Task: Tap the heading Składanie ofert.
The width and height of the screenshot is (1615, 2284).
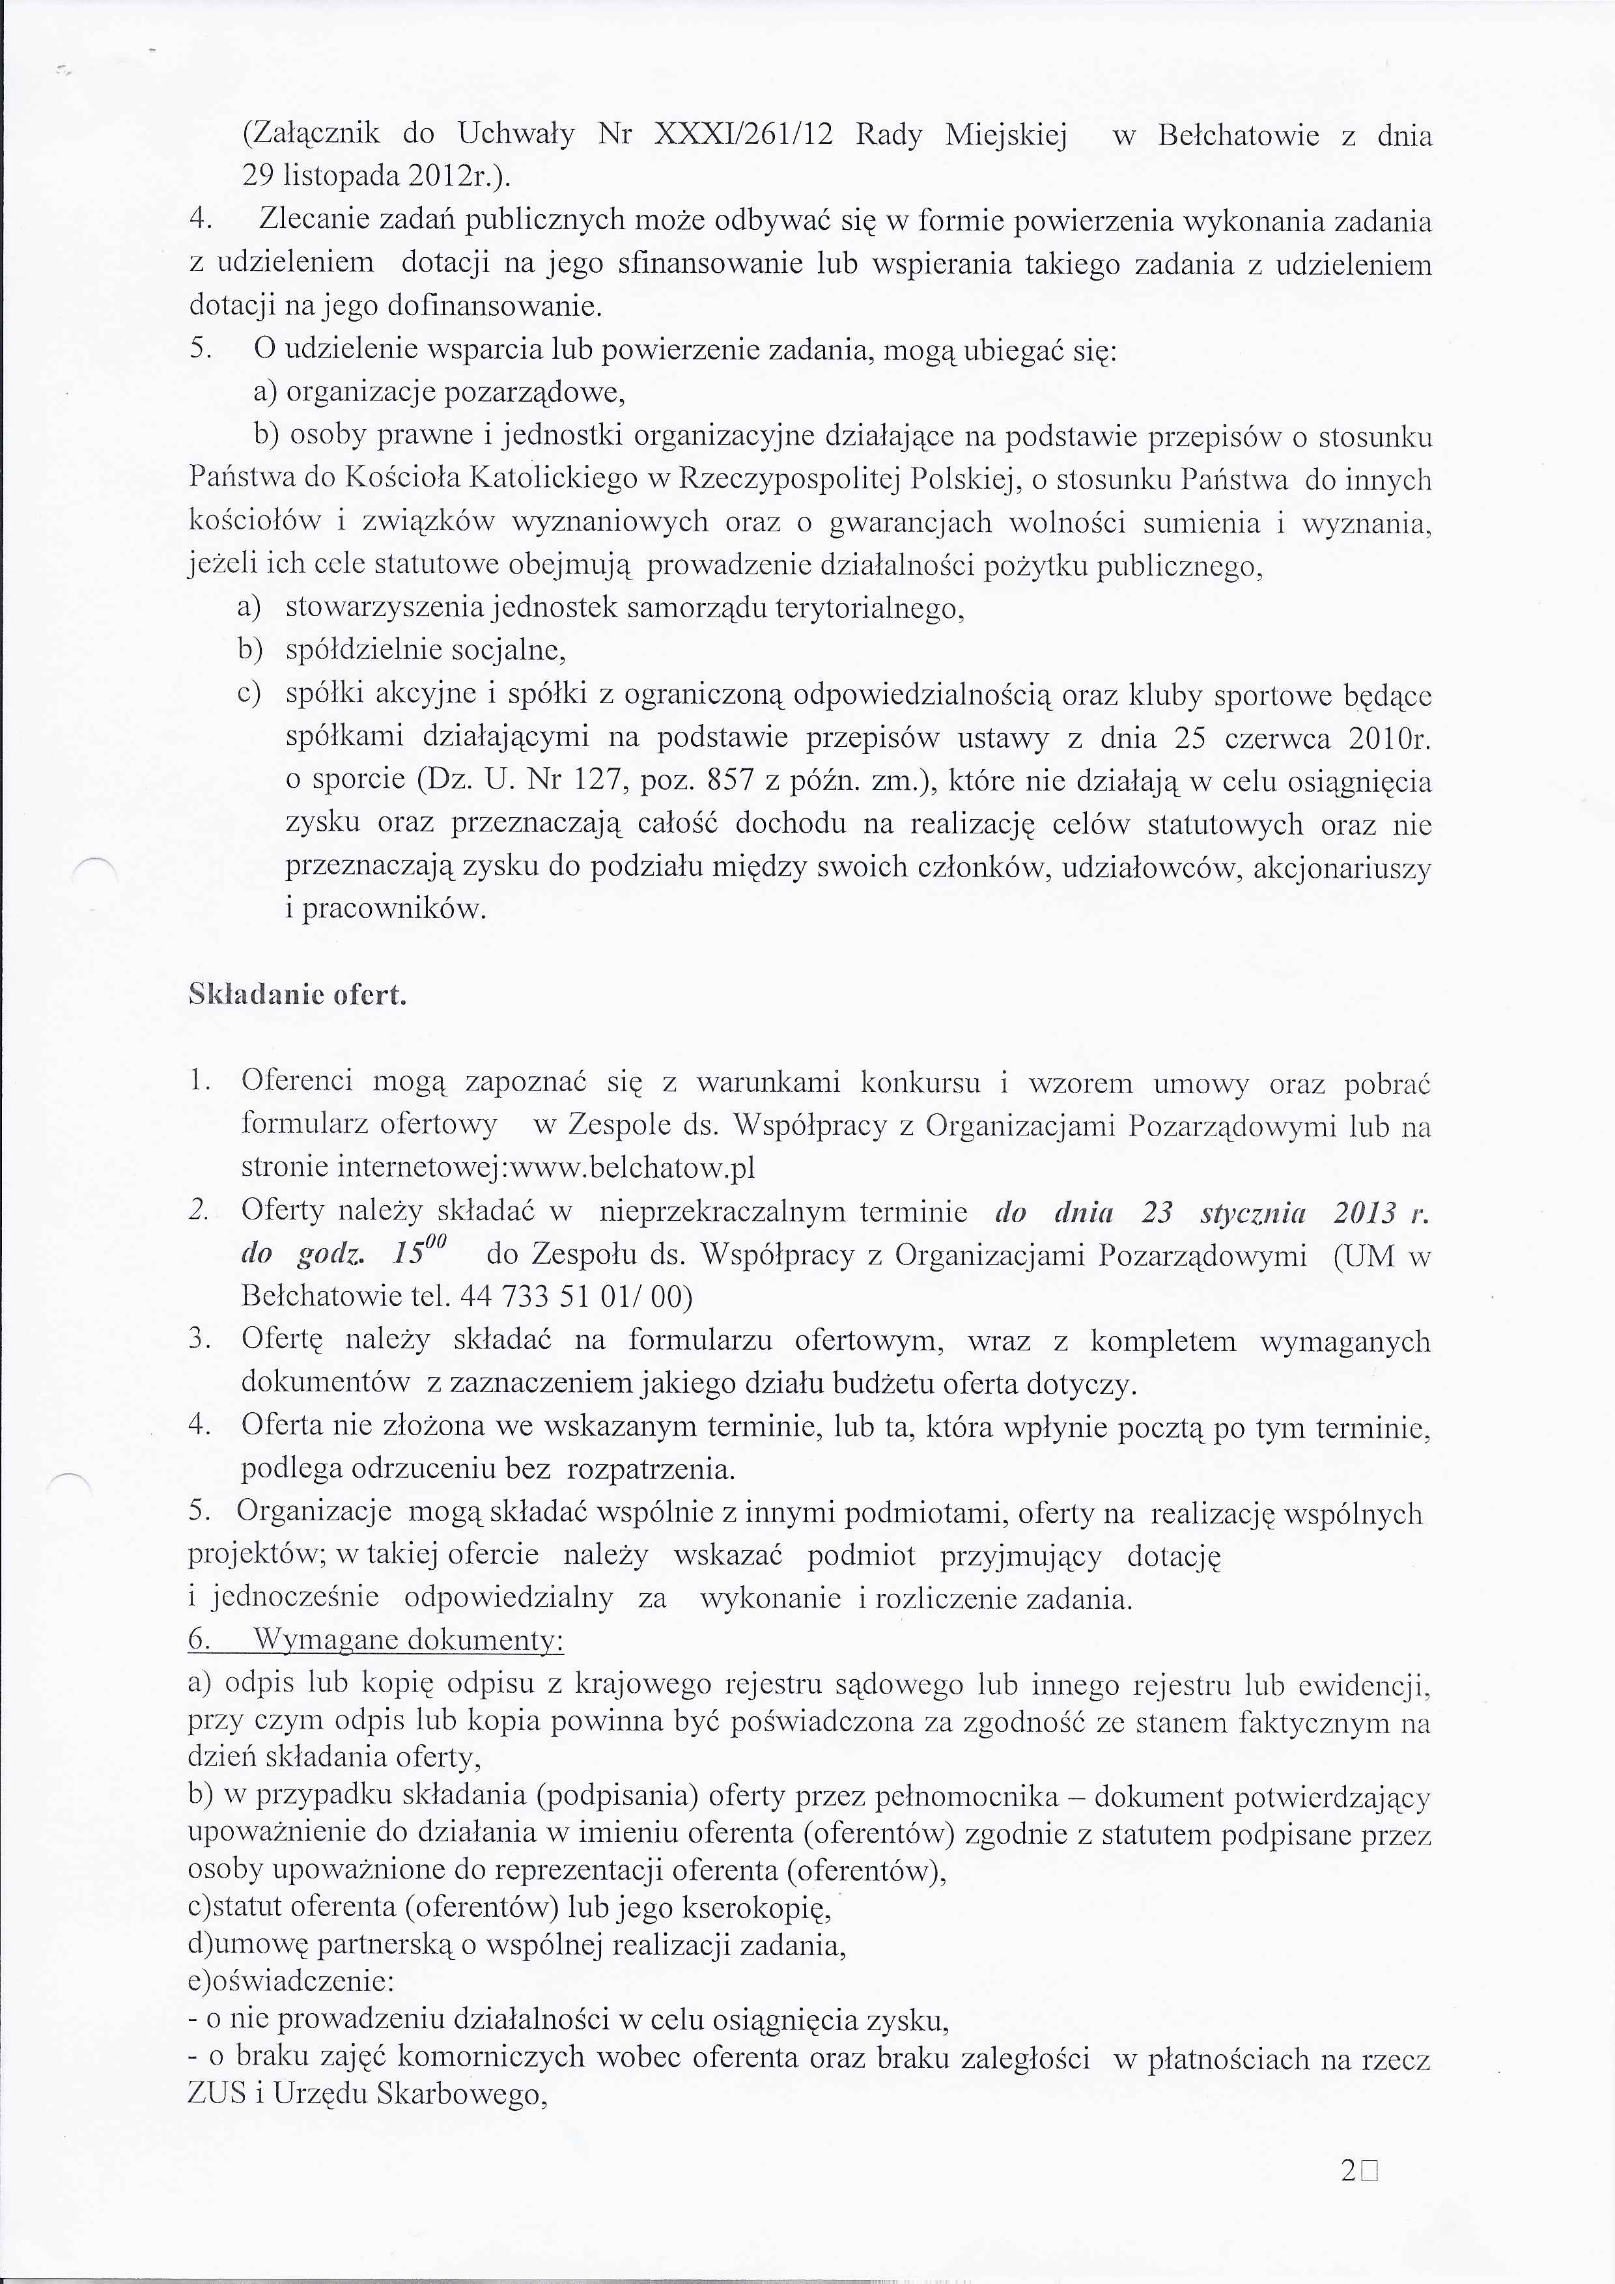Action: [x=298, y=995]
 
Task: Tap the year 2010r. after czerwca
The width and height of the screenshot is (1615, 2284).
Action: [x=1390, y=738]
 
